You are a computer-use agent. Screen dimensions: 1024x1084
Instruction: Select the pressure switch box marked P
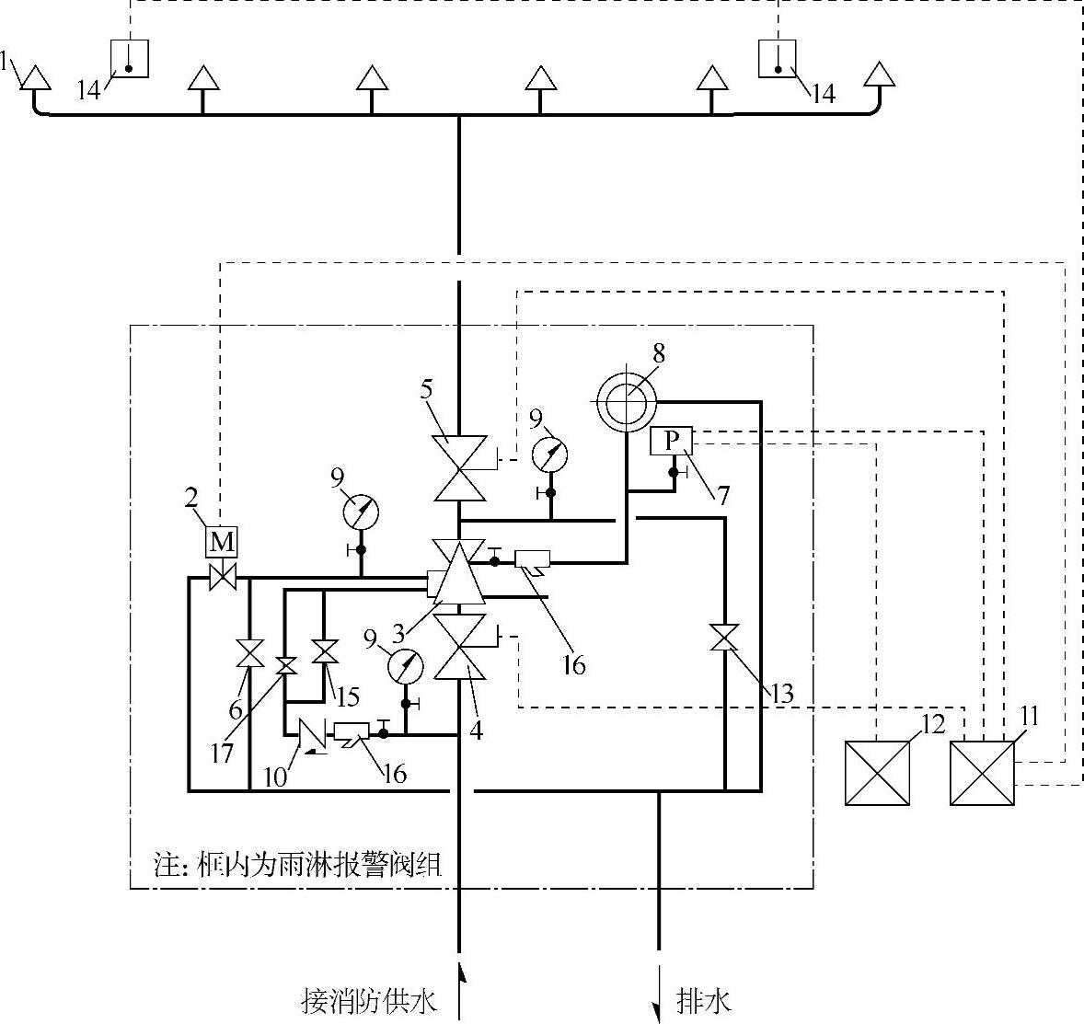(x=672, y=442)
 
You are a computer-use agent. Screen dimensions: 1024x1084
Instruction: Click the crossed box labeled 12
(x=877, y=774)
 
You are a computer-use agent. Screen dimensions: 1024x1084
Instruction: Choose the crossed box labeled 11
(x=982, y=774)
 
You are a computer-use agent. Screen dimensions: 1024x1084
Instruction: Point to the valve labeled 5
(x=459, y=467)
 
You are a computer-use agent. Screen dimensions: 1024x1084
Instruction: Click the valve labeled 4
(x=459, y=648)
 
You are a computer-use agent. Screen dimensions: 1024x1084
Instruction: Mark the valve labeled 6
(x=249, y=653)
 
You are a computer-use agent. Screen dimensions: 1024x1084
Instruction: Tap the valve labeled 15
(x=324, y=650)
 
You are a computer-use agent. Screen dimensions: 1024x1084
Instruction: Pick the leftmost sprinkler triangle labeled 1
(x=34, y=77)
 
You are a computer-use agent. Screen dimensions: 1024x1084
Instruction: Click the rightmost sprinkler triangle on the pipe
(x=880, y=75)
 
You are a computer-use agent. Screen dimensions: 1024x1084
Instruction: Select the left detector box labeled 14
(x=130, y=59)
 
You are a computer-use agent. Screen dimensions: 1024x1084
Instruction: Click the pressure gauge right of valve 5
(x=550, y=454)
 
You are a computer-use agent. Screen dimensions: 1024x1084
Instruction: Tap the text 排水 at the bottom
(x=705, y=1000)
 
